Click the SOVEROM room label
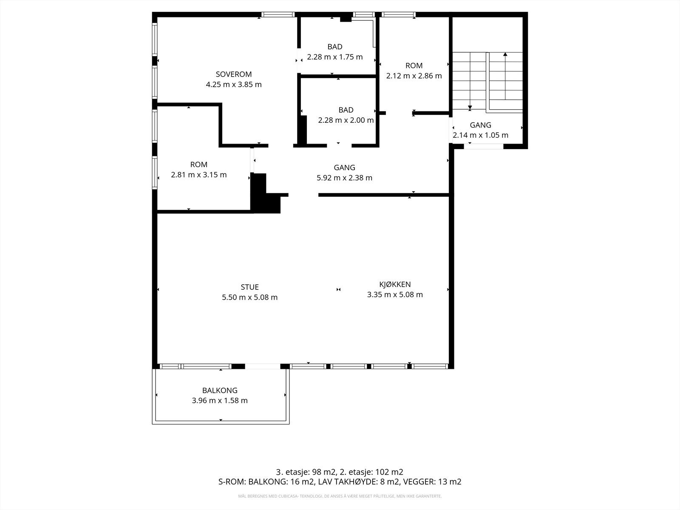click(234, 74)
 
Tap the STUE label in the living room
click(249, 287)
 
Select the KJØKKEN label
click(395, 284)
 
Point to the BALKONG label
click(220, 390)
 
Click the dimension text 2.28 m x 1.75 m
click(335, 57)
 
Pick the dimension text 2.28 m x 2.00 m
click(346, 120)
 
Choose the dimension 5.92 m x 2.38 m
click(344, 178)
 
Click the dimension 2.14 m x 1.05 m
click(480, 136)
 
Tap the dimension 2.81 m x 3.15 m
click(198, 175)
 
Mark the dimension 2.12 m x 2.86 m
click(414, 76)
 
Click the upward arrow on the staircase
click(505, 54)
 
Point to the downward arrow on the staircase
click(470, 108)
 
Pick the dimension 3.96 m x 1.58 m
click(220, 400)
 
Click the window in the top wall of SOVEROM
click(278, 14)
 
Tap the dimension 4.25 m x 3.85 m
click(234, 85)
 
